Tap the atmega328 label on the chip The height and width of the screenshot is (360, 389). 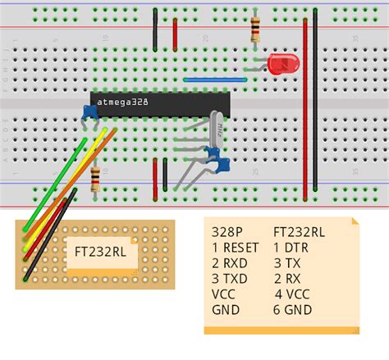pos(124,102)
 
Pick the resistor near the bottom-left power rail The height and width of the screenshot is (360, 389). pos(96,177)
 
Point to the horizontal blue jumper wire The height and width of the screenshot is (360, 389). pos(215,80)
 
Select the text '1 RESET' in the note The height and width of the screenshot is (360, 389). pos(236,247)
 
